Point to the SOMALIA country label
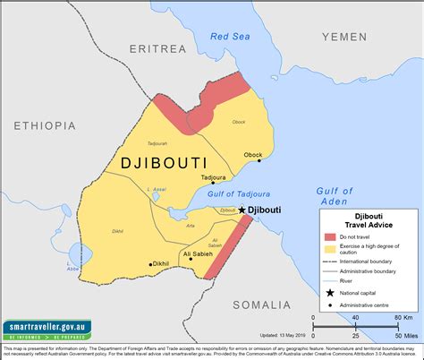click(262, 305)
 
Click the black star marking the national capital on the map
click(242, 210)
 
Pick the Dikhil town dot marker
click(150, 264)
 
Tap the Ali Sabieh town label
click(198, 254)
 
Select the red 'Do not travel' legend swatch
click(330, 235)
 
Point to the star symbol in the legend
click(330, 292)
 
